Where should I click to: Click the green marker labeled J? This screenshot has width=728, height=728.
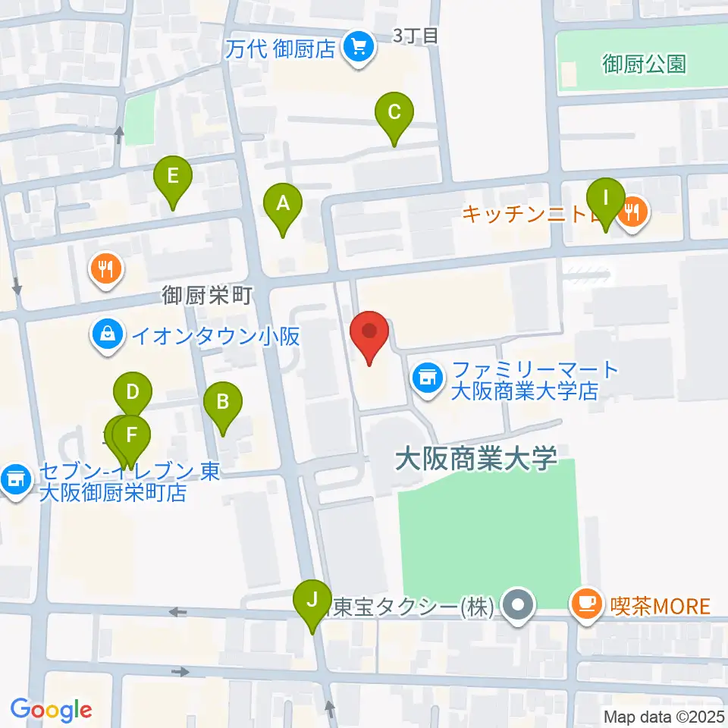tap(312, 601)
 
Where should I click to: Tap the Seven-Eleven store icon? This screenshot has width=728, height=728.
tap(14, 479)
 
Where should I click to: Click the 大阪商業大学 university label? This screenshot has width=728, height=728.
tap(476, 458)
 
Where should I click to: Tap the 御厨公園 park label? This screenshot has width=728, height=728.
tap(644, 64)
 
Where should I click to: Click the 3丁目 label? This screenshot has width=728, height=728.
tap(416, 35)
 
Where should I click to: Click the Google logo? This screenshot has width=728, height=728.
tap(52, 710)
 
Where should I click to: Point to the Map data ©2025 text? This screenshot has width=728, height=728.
tap(664, 716)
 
